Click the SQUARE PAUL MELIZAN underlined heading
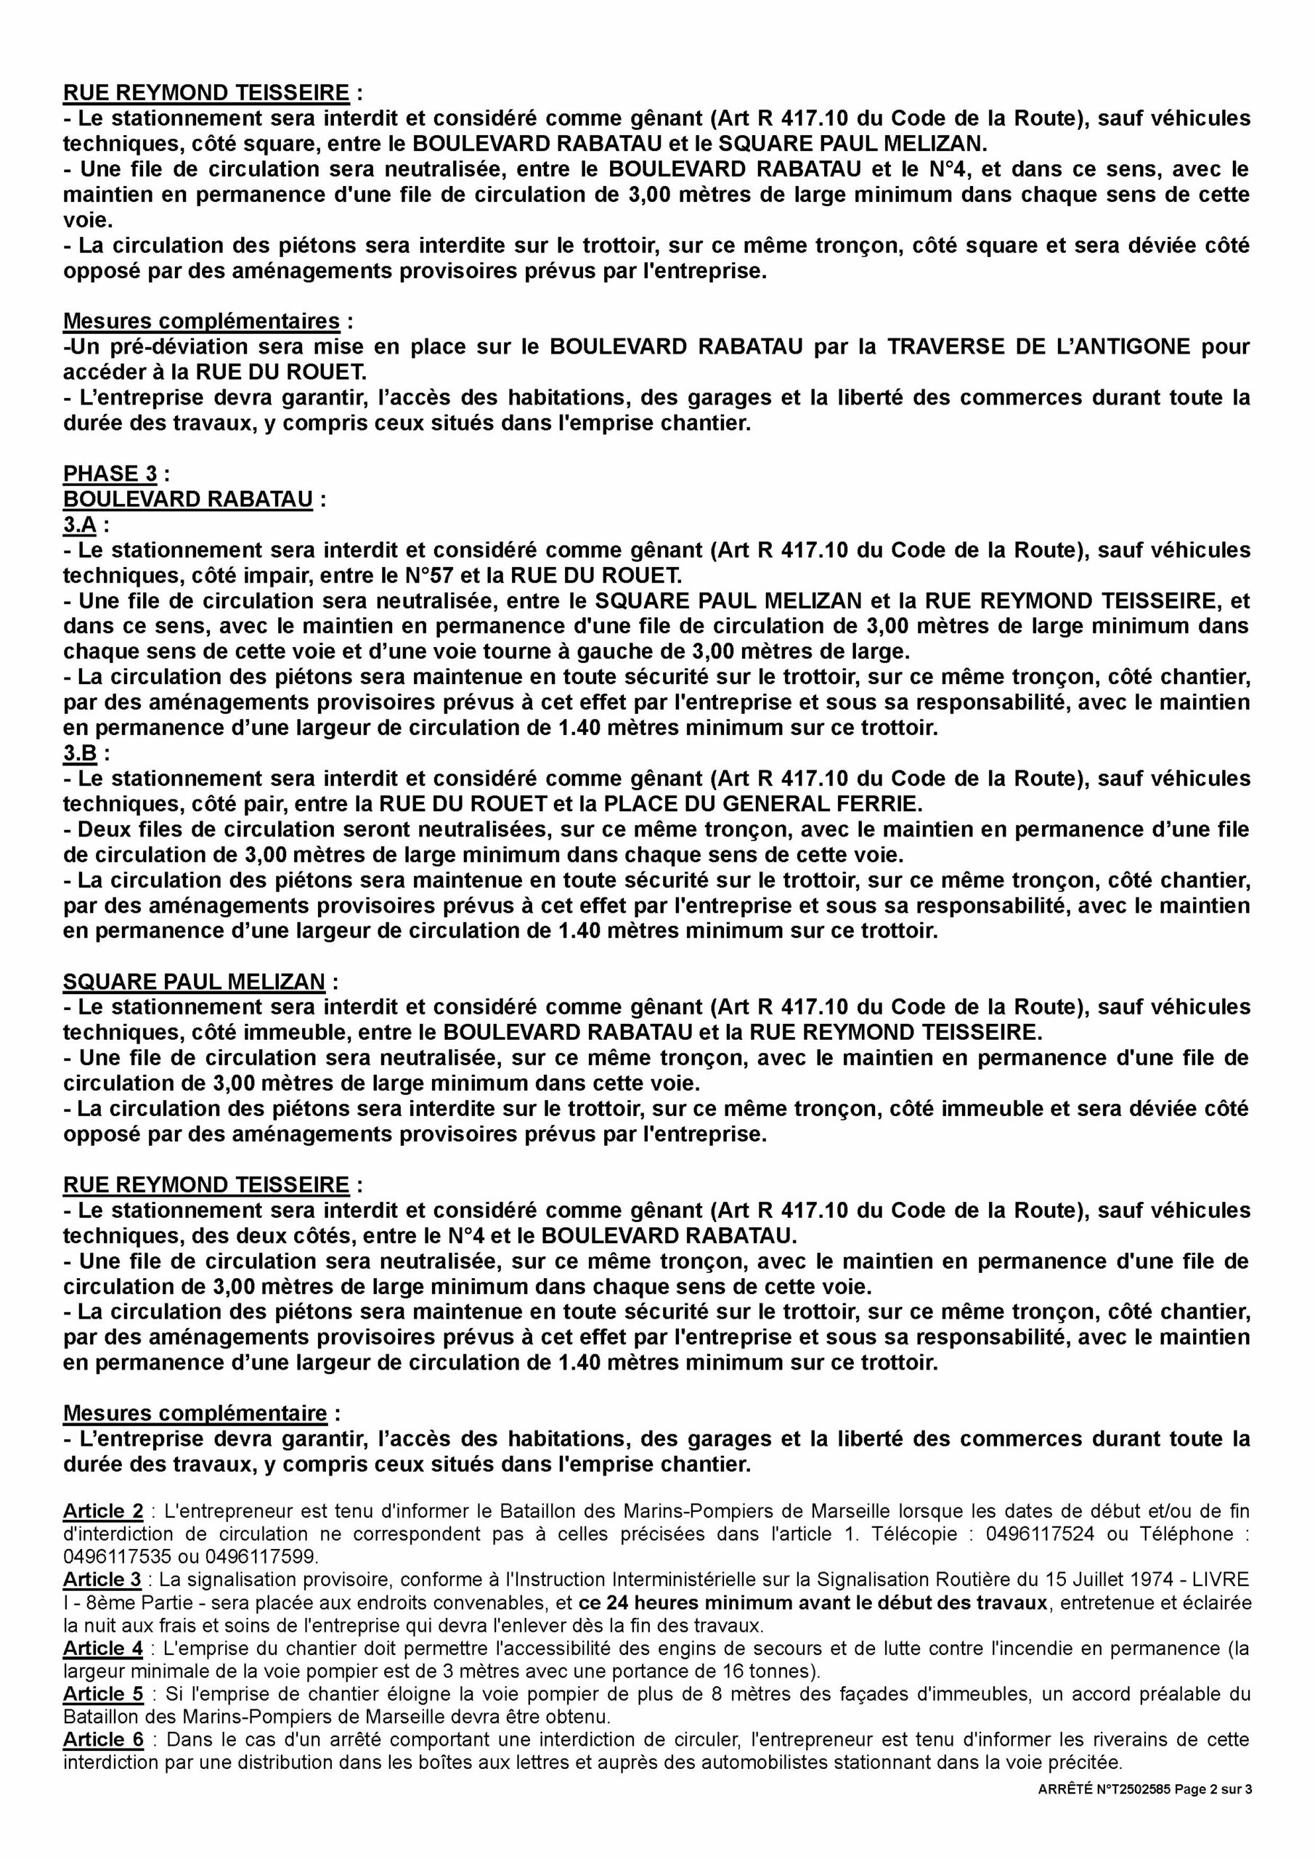point(194,981)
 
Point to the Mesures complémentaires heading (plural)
point(201,321)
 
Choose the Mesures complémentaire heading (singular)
point(195,1413)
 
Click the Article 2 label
point(103,1511)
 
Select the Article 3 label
point(103,1579)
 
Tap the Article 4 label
point(103,1648)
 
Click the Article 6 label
point(103,1740)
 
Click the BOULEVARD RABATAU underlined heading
point(188,499)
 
